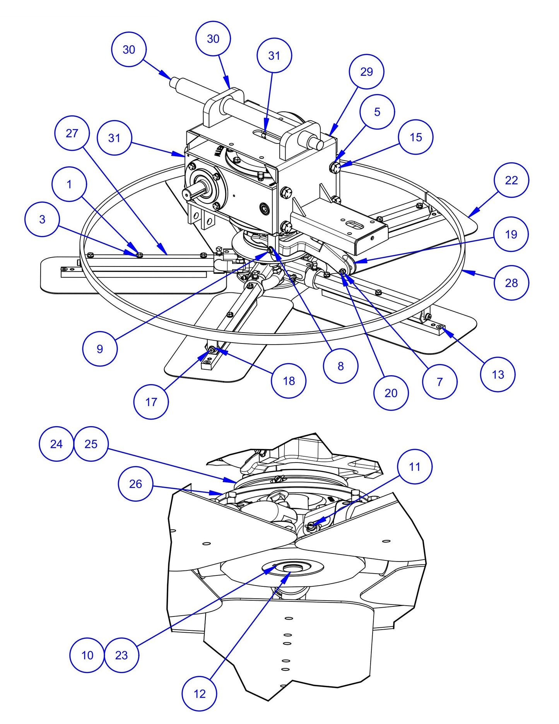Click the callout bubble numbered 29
coord(366,72)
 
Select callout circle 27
coord(72,133)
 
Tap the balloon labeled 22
coord(511,180)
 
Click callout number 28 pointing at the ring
coord(511,283)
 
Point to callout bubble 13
coord(497,374)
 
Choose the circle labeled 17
coord(151,402)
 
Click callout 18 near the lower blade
coord(289,381)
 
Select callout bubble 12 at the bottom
coord(199,693)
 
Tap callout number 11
coord(414,466)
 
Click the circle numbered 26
coord(135,484)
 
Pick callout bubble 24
coord(56,444)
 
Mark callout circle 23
coord(121,655)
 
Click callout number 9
coord(100,349)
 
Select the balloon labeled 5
coord(377,112)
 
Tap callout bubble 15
coord(415,137)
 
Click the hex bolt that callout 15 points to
coord(335,167)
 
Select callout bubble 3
coord(42,219)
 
